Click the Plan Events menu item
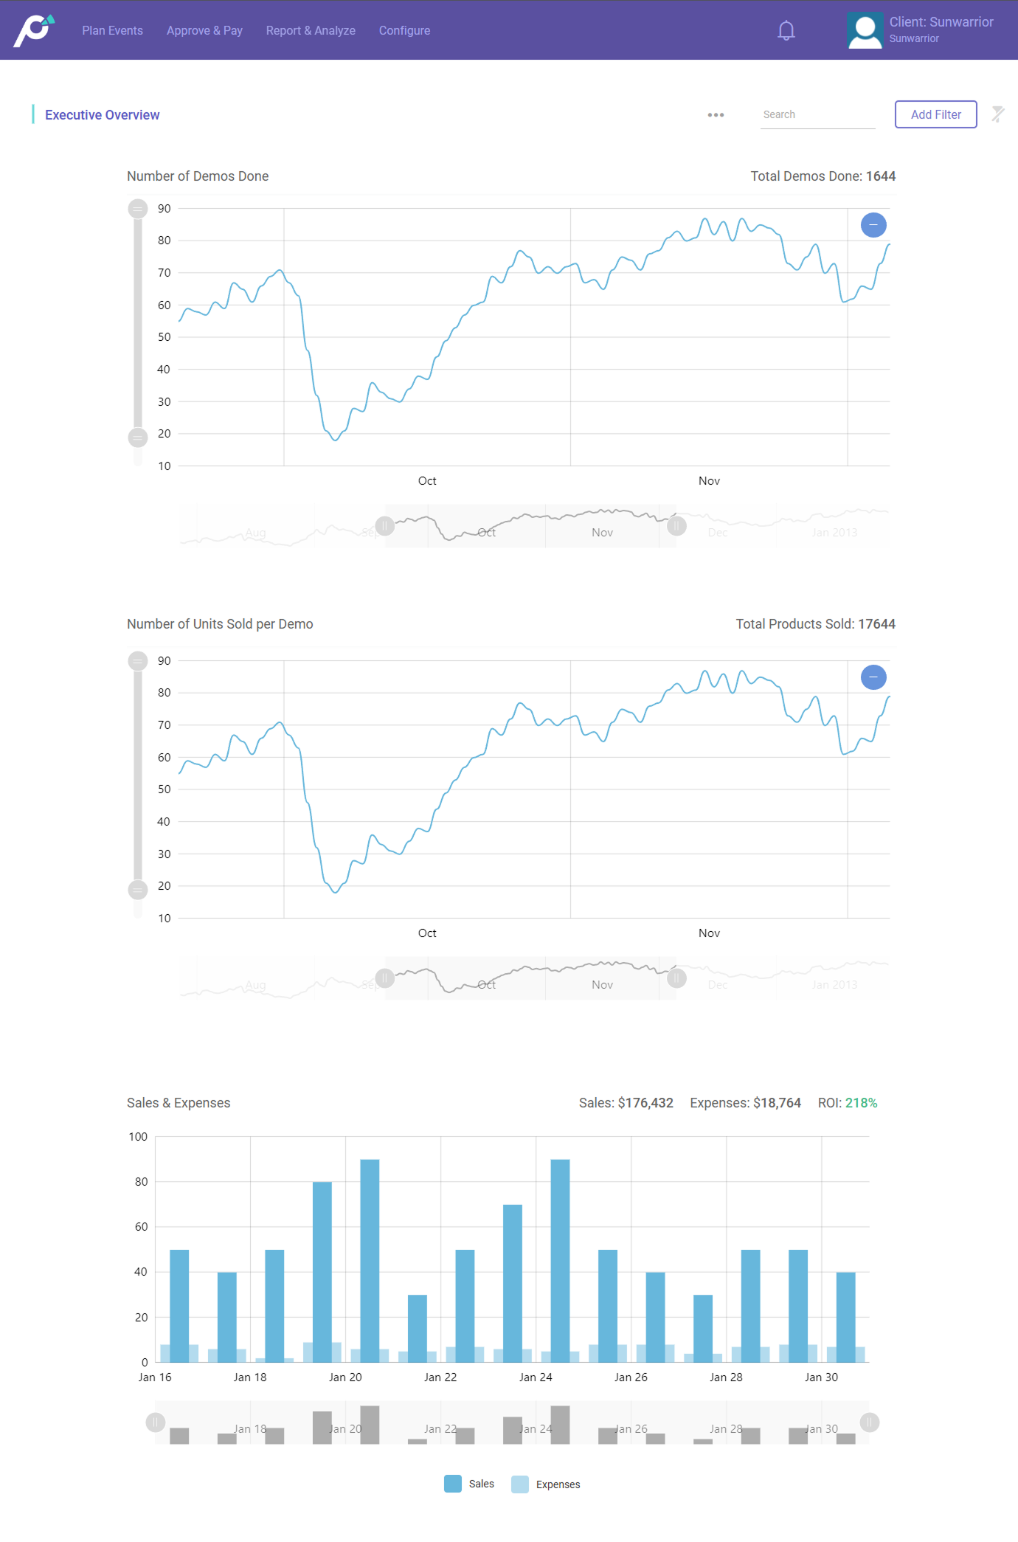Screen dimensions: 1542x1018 [112, 30]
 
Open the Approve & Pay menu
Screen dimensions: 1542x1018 [204, 30]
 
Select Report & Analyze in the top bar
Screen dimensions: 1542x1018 [311, 30]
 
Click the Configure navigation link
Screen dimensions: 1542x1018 [404, 30]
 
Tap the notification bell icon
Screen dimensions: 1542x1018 [786, 30]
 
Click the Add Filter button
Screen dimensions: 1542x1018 [935, 114]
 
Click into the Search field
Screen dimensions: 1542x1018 [817, 114]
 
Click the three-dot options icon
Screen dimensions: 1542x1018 [716, 115]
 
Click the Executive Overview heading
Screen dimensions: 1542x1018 [102, 115]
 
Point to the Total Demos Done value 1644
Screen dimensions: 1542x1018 [881, 176]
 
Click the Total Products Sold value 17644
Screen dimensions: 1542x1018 [876, 624]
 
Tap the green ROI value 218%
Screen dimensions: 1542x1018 [861, 1103]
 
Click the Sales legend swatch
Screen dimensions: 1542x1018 [453, 1484]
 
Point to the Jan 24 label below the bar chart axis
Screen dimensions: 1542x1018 [536, 1377]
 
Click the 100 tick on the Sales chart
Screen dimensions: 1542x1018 [138, 1137]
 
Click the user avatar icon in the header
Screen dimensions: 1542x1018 [865, 31]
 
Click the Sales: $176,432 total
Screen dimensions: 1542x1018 [626, 1103]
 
